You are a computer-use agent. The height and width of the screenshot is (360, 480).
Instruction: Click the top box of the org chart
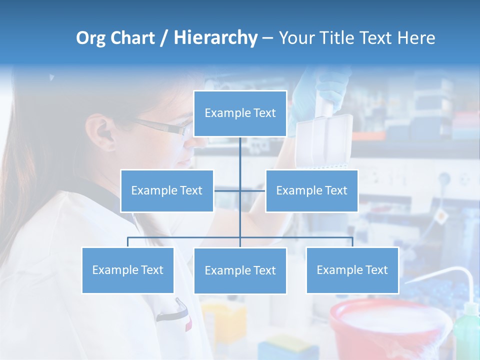(240, 113)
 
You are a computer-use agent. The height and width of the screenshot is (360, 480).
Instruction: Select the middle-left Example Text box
(167, 190)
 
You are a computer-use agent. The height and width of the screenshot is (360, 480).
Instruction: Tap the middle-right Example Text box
(311, 190)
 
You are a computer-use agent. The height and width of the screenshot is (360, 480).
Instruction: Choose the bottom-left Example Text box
(128, 270)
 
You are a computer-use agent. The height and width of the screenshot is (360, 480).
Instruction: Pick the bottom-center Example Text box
(240, 270)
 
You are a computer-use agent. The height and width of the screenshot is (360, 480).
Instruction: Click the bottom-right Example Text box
(352, 270)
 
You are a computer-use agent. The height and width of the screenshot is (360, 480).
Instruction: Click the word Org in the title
(90, 38)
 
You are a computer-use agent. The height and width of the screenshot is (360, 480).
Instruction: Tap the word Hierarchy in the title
(215, 38)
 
